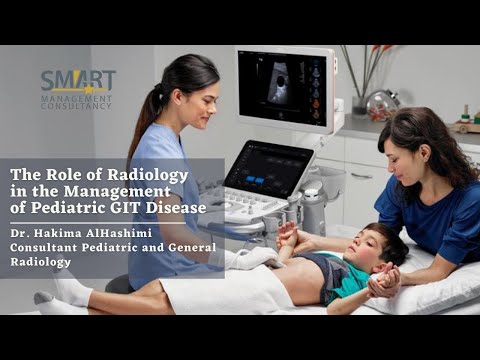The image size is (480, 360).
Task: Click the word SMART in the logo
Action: (77, 80)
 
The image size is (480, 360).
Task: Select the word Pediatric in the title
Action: (88, 208)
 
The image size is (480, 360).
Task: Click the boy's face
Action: (376, 253)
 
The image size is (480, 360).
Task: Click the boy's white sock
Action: (71, 290)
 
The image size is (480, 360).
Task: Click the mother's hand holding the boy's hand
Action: (384, 285)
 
